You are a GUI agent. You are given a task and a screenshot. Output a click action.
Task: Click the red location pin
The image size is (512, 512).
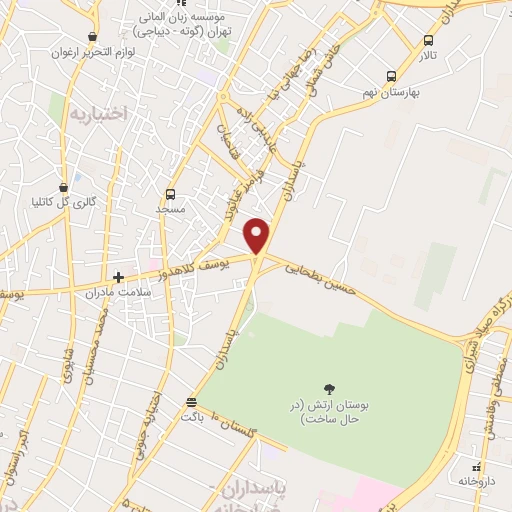click(x=258, y=236)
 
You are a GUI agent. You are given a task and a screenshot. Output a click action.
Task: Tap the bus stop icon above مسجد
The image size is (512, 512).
click(x=171, y=194)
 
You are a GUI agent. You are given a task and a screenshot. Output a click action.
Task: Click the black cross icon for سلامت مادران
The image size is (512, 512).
click(x=118, y=277)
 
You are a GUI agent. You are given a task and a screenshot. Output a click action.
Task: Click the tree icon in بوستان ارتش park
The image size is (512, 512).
click(x=330, y=388)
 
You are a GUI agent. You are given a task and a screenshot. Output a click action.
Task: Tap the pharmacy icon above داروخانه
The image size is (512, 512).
click(x=478, y=467)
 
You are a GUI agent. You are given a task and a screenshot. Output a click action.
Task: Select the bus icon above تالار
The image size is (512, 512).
click(x=429, y=40)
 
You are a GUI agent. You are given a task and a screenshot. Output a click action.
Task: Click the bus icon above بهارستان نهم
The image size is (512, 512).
click(x=392, y=75)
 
